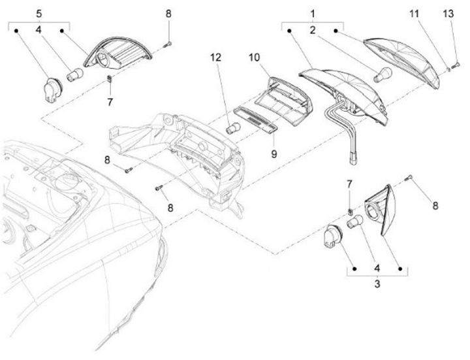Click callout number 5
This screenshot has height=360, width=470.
(x=39, y=13)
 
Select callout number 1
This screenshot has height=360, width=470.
(x=312, y=13)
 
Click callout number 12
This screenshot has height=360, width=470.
(x=216, y=57)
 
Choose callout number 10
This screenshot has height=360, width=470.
(x=253, y=57)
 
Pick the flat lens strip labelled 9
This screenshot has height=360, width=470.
(x=255, y=120)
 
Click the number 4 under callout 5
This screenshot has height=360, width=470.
(x=39, y=29)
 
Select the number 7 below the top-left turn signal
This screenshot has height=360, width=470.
(x=110, y=102)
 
